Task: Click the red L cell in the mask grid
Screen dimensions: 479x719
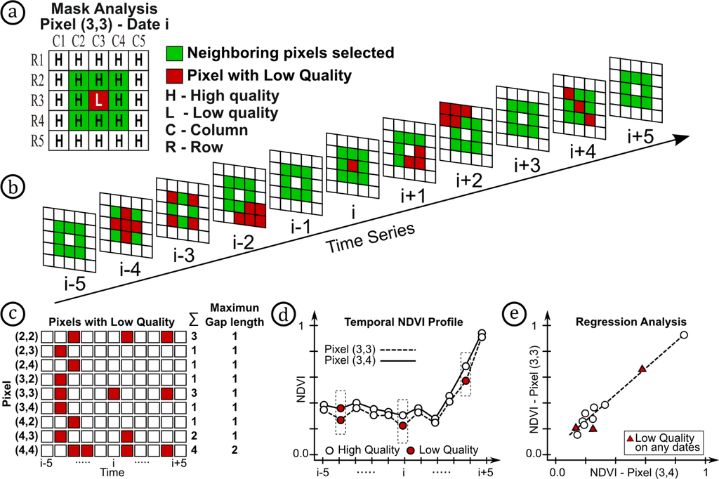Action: pyautogui.click(x=99, y=100)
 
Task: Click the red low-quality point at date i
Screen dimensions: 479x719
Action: pyautogui.click(x=403, y=426)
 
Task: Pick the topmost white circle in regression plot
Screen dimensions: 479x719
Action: pyautogui.click(x=683, y=335)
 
